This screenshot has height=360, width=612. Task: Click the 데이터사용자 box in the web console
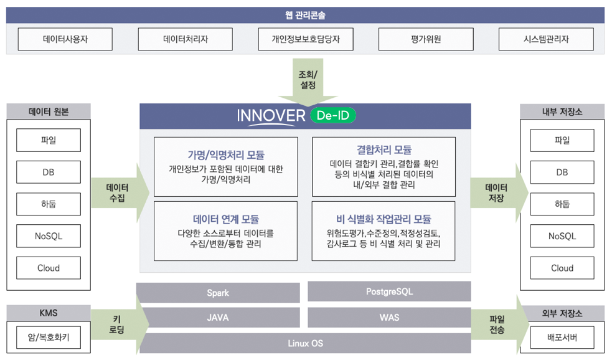(65, 39)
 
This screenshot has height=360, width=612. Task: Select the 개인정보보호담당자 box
(306, 39)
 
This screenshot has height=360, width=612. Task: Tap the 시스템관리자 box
(546, 39)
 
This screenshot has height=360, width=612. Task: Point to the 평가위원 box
(426, 39)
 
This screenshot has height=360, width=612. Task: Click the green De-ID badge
(332, 116)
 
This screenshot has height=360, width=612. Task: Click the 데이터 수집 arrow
(118, 192)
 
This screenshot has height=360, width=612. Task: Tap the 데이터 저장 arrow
(497, 192)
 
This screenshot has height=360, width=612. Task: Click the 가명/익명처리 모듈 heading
(226, 155)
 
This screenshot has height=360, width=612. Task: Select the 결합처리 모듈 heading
(384, 149)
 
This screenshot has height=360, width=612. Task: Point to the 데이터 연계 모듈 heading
(226, 219)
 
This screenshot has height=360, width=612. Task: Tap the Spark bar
(218, 292)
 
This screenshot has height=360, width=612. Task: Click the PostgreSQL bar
(389, 291)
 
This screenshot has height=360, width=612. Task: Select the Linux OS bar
(305, 343)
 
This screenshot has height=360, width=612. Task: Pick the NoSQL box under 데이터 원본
(49, 236)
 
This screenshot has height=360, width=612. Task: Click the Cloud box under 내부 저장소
(562, 268)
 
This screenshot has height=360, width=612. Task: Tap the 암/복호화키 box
(49, 339)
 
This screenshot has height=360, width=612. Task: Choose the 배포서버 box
(562, 339)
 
